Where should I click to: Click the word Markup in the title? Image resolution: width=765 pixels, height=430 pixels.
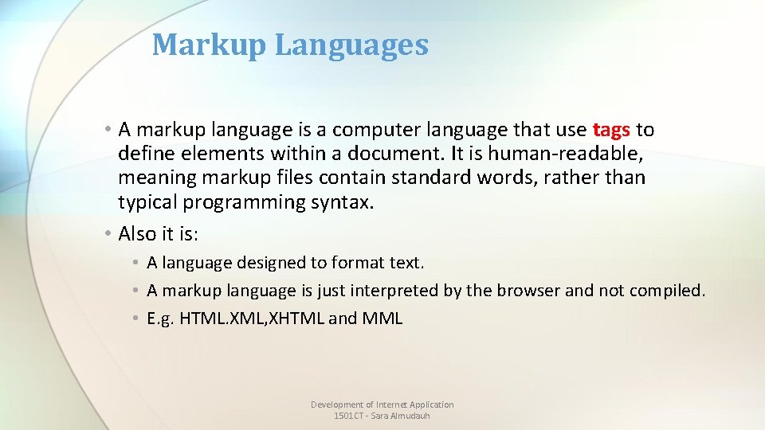click(209, 45)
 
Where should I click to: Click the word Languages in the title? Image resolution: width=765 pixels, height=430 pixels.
click(351, 45)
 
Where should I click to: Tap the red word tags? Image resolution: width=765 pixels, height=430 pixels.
click(611, 129)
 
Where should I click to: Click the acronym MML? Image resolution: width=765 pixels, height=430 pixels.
click(382, 319)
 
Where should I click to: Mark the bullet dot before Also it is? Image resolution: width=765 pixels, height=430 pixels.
click(108, 233)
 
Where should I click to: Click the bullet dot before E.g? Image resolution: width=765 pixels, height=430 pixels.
click(137, 319)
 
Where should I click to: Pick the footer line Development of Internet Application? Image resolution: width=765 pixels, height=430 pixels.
click(382, 405)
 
